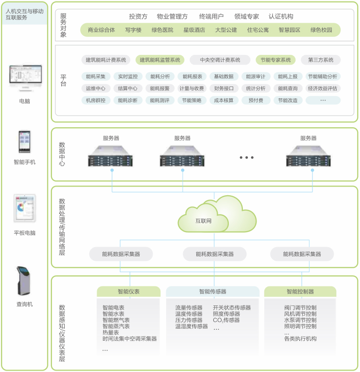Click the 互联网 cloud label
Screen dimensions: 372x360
pos(204,221)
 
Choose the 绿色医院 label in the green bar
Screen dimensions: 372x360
pos(162,30)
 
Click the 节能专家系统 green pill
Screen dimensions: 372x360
pos(275,60)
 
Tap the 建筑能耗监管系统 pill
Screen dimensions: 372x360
pos(160,60)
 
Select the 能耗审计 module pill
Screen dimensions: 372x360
pos(256,76)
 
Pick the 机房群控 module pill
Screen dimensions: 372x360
pos(95,101)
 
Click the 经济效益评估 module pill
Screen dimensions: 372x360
pos(323,88)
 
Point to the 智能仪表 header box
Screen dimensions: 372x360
pos(128,292)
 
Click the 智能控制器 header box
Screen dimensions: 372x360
pos(300,292)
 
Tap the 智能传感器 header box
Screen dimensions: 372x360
pos(212,292)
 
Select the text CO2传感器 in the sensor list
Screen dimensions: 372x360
pos(226,321)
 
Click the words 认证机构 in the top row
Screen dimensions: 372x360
pos(281,17)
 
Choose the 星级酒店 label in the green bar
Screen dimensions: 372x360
pos(194,30)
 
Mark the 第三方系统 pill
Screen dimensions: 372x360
pos(321,60)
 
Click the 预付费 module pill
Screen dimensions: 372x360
pos(256,101)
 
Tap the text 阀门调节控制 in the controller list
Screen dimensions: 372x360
pos(300,308)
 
